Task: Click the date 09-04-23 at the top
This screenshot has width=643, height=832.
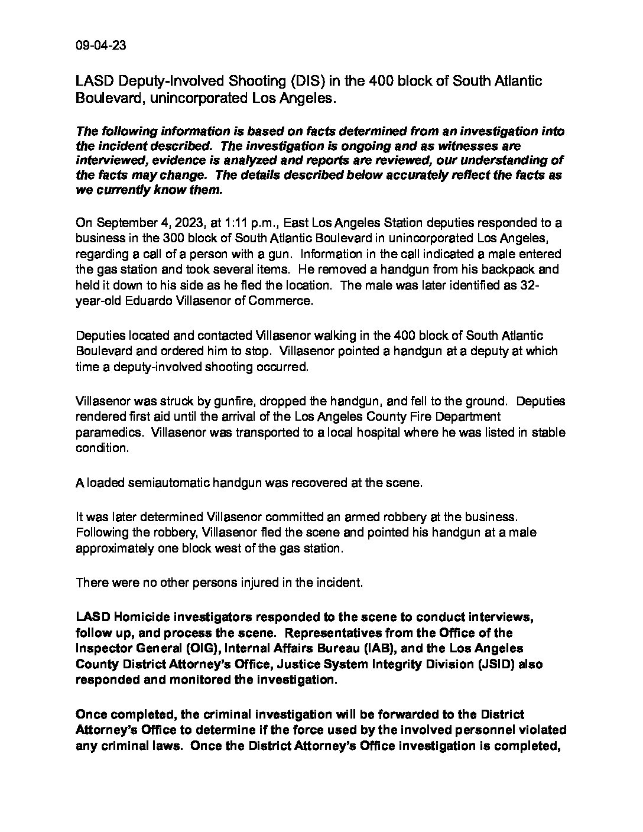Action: [100, 46]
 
